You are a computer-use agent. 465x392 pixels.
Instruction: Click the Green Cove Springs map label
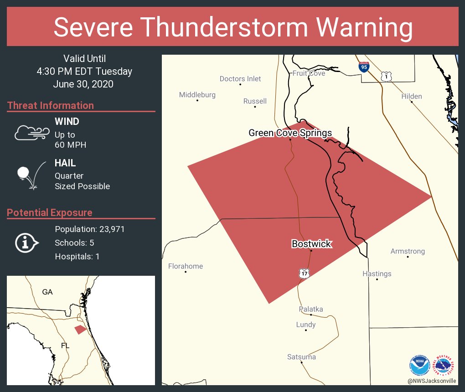pyautogui.click(x=290, y=133)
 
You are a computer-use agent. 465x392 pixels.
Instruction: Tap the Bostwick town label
pyautogui.click(x=311, y=244)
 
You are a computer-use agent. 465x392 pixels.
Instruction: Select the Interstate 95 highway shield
pyautogui.click(x=363, y=67)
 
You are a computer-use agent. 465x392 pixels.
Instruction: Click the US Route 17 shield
pyautogui.click(x=305, y=273)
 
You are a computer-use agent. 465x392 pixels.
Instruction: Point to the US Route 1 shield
pyautogui.click(x=387, y=77)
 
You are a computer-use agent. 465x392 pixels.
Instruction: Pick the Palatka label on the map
pyautogui.click(x=311, y=309)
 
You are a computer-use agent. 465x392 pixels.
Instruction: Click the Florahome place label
pyautogui.click(x=186, y=266)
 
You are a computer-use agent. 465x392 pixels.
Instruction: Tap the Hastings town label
pyautogui.click(x=377, y=274)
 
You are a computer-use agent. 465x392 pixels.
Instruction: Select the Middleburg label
pyautogui.click(x=197, y=95)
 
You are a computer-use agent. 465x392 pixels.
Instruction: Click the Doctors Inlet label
pyautogui.click(x=240, y=79)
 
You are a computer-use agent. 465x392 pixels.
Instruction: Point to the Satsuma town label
pyautogui.click(x=301, y=357)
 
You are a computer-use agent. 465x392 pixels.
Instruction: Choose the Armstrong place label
pyautogui.click(x=408, y=251)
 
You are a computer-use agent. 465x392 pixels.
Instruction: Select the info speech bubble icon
pyautogui.click(x=26, y=242)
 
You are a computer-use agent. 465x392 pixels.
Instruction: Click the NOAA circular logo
pyautogui.click(x=419, y=366)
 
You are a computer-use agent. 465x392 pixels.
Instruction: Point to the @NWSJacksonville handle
pyautogui.click(x=432, y=381)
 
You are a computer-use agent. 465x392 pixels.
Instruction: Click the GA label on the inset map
pyautogui.click(x=47, y=292)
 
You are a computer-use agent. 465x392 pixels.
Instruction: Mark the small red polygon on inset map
pyautogui.click(x=80, y=329)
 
